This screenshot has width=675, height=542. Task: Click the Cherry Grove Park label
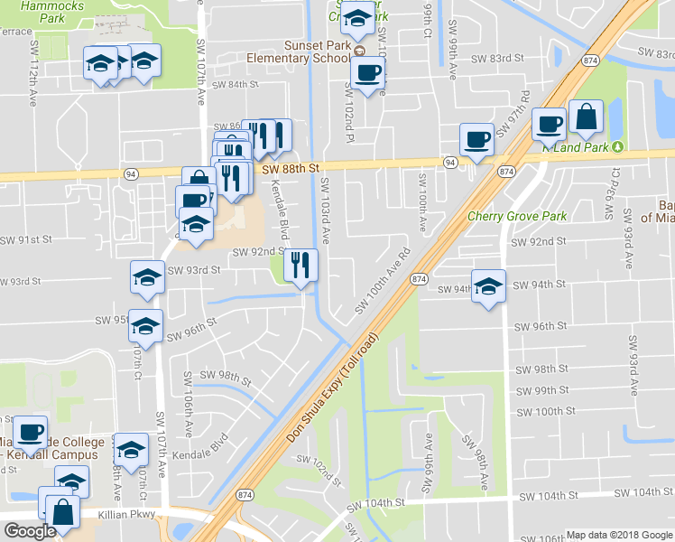pyautogui.click(x=516, y=217)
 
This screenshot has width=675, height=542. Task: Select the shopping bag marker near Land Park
pyautogui.click(x=586, y=117)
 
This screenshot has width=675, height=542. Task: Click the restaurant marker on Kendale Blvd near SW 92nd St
pyautogui.click(x=301, y=266)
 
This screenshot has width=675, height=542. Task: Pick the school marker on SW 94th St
pyautogui.click(x=488, y=286)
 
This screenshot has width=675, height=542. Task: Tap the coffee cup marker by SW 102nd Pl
pyautogui.click(x=366, y=74)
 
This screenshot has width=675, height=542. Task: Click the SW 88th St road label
pyautogui.click(x=291, y=168)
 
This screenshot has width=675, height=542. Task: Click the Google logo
pyautogui.click(x=30, y=531)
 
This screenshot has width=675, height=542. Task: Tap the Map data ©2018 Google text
pyautogui.click(x=618, y=535)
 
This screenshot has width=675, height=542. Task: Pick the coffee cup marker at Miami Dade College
pyautogui.click(x=31, y=431)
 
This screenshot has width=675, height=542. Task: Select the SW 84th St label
pyautogui.click(x=236, y=85)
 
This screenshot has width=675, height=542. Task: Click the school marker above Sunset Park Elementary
pyautogui.click(x=358, y=18)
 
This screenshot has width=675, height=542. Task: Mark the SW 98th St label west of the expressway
pyautogui.click(x=225, y=375)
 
